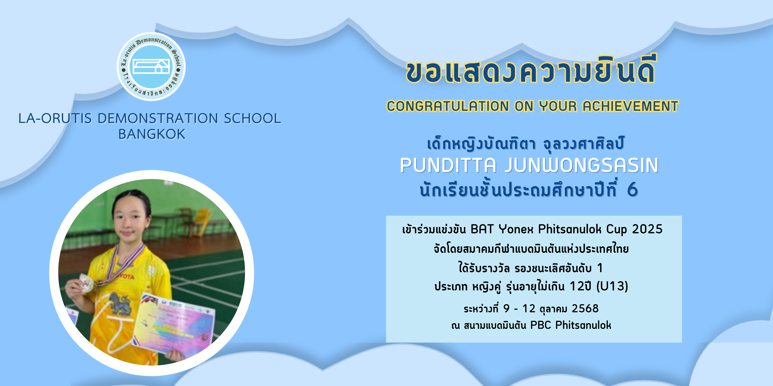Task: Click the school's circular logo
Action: pos(151,67)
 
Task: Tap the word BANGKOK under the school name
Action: pos(152,134)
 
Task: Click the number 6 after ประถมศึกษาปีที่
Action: pos(632,190)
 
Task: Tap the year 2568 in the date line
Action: pos(585,308)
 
